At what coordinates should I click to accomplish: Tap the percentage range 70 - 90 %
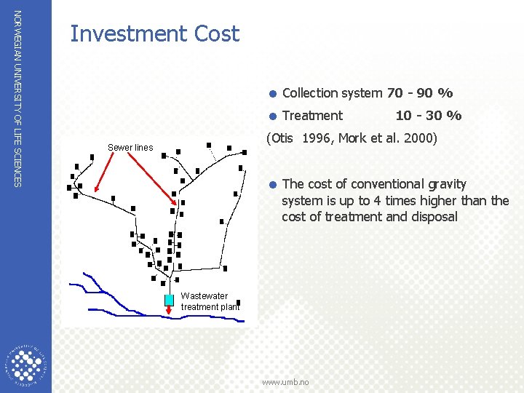(420, 93)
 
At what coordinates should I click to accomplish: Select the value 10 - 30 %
(428, 116)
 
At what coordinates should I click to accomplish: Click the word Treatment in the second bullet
(312, 116)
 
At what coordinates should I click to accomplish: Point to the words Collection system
(332, 93)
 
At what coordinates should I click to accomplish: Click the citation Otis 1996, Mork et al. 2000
(352, 138)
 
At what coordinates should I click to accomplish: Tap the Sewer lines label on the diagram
(130, 148)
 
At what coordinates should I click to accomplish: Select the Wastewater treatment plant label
(210, 301)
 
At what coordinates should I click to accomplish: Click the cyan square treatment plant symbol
(169, 299)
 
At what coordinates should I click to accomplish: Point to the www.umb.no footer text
(285, 382)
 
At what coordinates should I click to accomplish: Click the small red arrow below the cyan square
(169, 309)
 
